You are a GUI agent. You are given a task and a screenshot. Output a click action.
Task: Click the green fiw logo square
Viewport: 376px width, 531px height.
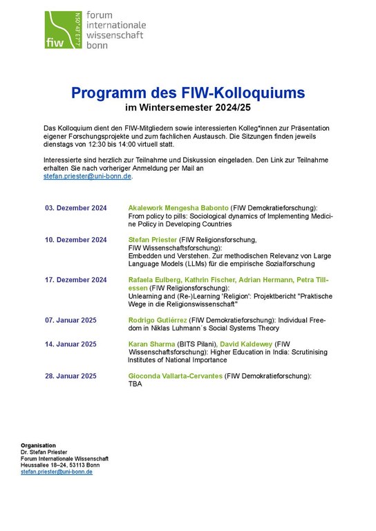click(64, 30)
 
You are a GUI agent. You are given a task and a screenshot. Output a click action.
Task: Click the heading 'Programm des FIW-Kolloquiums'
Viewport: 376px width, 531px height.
click(188, 92)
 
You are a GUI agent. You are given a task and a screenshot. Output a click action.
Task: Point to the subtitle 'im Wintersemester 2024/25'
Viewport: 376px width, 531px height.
click(188, 108)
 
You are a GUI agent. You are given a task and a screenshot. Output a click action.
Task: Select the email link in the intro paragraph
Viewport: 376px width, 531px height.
click(87, 176)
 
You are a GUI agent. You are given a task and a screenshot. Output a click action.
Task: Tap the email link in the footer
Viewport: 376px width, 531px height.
click(57, 472)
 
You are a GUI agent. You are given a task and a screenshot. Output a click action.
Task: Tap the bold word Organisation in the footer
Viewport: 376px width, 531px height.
click(39, 445)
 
